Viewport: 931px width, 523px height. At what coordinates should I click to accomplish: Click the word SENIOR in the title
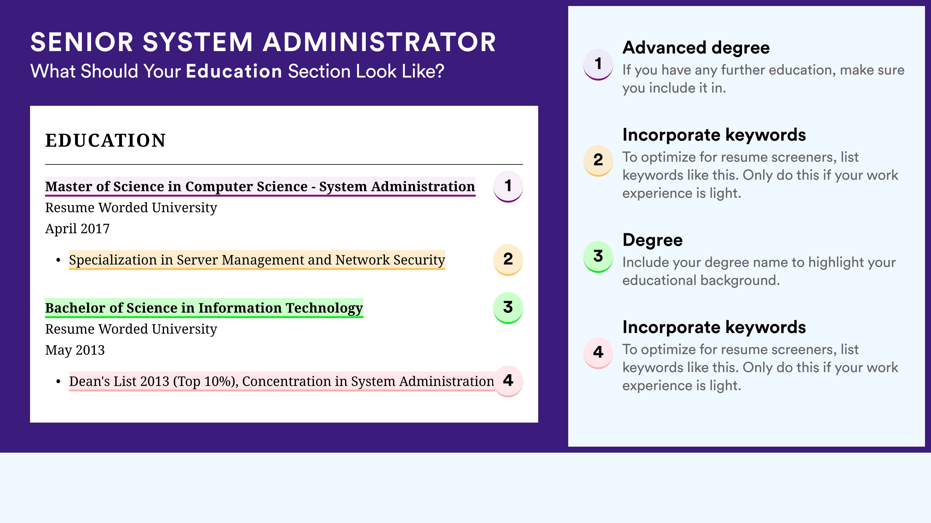pyautogui.click(x=82, y=42)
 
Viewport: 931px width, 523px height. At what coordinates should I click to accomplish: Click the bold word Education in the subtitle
pyautogui.click(x=234, y=71)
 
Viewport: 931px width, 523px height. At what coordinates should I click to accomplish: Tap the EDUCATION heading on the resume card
pyautogui.click(x=105, y=140)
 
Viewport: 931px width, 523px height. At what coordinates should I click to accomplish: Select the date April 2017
pyautogui.click(x=77, y=228)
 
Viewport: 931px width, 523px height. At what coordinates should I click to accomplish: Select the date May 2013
pyautogui.click(x=75, y=350)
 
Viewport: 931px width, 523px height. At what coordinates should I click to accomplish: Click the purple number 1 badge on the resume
pyautogui.click(x=508, y=186)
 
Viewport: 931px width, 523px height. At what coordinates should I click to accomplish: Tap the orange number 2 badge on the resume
pyautogui.click(x=508, y=260)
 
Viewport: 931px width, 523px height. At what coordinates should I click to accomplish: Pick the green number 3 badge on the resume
pyautogui.click(x=508, y=308)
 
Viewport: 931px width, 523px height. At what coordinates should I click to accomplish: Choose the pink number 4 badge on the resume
pyautogui.click(x=508, y=381)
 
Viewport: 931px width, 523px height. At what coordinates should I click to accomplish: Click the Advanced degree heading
pyautogui.click(x=696, y=48)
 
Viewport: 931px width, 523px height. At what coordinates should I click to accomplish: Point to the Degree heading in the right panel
pyautogui.click(x=653, y=240)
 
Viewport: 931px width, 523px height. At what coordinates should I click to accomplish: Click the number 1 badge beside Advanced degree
pyautogui.click(x=598, y=64)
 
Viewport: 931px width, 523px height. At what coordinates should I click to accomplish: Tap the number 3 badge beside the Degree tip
pyautogui.click(x=598, y=257)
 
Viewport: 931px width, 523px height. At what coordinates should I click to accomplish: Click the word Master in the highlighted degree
pyautogui.click(x=69, y=187)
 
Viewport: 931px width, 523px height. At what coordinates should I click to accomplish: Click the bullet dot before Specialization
pyautogui.click(x=58, y=260)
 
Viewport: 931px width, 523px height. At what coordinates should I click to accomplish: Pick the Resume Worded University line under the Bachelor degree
pyautogui.click(x=131, y=329)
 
